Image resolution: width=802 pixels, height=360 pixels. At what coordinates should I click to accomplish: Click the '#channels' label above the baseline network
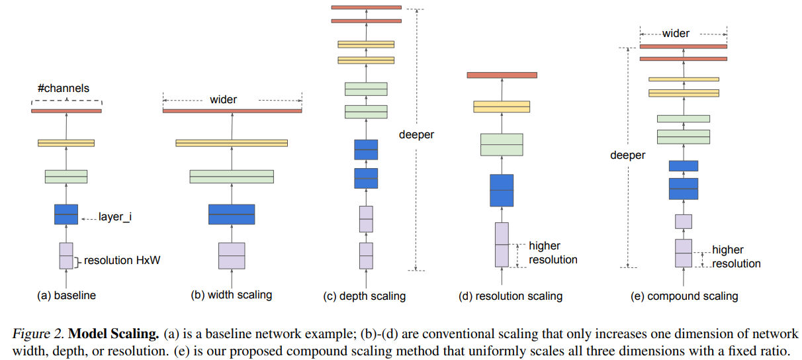(64, 88)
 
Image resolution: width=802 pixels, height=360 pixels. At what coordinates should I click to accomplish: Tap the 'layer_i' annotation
(114, 217)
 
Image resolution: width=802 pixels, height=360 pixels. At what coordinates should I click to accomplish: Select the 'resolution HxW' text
(122, 261)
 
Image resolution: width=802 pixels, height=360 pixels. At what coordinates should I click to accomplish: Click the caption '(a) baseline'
(66, 296)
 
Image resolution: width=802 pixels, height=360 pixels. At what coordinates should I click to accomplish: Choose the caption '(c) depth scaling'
(365, 296)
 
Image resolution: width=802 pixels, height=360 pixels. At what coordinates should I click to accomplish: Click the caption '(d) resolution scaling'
(510, 296)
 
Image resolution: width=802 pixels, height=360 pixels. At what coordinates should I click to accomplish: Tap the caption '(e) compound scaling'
(684, 296)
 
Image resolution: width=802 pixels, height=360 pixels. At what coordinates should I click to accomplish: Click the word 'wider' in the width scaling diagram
(223, 100)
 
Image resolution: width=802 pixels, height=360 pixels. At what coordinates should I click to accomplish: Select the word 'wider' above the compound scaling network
(676, 33)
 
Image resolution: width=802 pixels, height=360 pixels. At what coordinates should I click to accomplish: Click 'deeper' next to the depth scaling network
(416, 134)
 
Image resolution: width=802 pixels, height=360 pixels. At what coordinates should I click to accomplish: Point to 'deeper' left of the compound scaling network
(628, 156)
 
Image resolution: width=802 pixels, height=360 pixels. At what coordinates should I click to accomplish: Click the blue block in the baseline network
(66, 214)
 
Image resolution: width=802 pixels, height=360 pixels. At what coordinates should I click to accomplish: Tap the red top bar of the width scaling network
(232, 111)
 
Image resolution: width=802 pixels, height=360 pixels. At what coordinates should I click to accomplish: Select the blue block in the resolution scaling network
(502, 191)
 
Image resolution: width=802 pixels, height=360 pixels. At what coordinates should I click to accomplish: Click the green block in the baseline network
(66, 177)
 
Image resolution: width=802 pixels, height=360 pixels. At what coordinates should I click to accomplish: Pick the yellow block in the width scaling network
(232, 143)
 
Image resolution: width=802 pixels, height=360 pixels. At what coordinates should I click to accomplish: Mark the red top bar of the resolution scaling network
(501, 75)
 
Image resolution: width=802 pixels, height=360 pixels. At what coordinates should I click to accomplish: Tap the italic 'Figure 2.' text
(36, 334)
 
